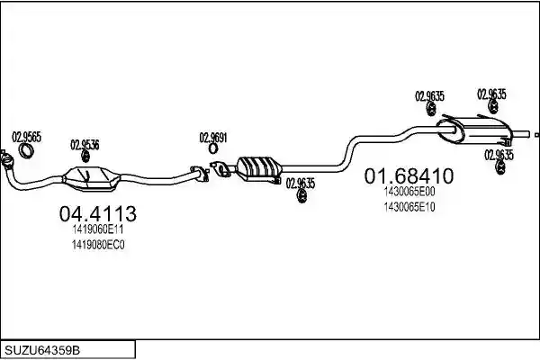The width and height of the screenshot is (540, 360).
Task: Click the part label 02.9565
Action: [26, 137]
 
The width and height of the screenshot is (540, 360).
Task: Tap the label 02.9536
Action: [85, 145]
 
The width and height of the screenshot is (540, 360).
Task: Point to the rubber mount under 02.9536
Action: [85, 157]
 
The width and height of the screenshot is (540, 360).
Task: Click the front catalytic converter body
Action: [91, 178]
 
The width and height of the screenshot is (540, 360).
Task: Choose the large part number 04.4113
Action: [98, 213]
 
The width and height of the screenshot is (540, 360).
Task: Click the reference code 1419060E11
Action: [98, 229]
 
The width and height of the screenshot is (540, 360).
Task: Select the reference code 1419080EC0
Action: [98, 245]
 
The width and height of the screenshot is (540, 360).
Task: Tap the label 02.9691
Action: [213, 138]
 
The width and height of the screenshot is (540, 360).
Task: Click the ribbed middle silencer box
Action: [259, 168]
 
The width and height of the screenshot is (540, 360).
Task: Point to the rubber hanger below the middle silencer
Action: [301, 196]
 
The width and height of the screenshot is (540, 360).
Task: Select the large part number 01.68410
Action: [409, 175]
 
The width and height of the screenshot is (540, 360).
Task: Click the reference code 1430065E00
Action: [409, 192]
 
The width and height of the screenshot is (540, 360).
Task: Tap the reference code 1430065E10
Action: [409, 207]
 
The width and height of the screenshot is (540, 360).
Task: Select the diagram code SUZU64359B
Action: [42, 350]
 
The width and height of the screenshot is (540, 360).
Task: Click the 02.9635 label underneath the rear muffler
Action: [499, 155]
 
